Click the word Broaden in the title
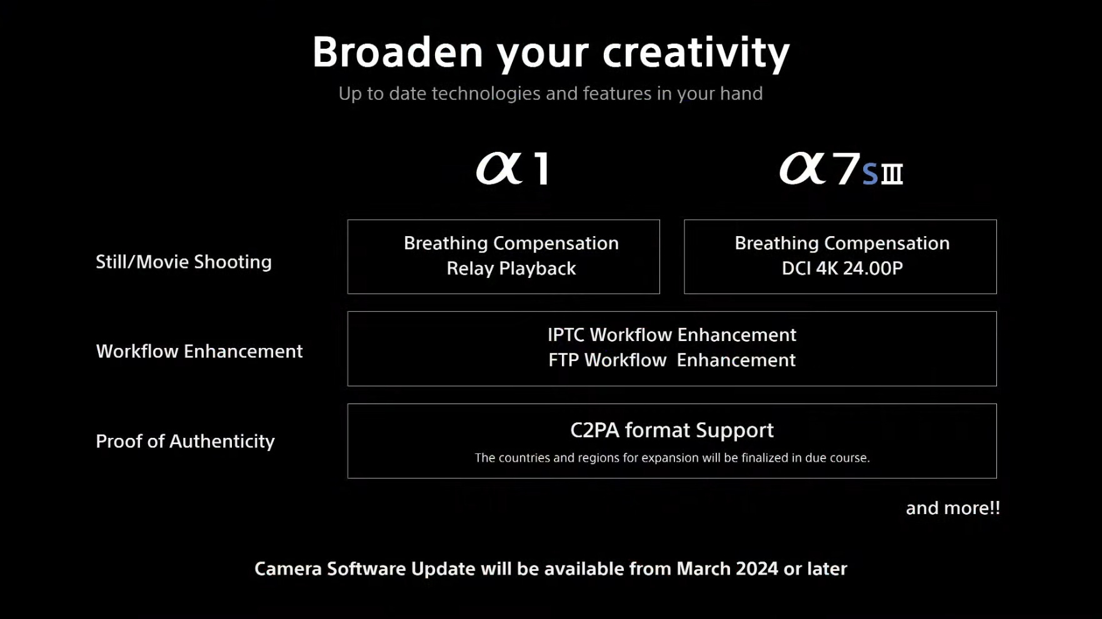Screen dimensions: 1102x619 (398, 52)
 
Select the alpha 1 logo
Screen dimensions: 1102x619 (513, 168)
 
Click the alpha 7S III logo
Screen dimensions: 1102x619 (841, 169)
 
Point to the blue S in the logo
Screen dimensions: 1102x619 (870, 174)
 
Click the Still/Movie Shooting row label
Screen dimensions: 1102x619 (184, 262)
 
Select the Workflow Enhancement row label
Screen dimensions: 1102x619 (199, 351)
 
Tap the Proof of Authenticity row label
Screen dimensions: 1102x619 (185, 441)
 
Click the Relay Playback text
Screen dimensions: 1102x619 (511, 269)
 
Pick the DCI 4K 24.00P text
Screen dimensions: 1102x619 (842, 268)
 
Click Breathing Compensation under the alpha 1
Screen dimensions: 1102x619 (511, 243)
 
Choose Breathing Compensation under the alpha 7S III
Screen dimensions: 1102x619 (842, 243)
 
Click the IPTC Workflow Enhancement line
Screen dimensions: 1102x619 (672, 335)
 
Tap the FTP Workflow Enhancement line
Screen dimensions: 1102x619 (672, 360)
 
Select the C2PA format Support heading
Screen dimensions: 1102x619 (672, 430)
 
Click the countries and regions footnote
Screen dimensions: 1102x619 (672, 458)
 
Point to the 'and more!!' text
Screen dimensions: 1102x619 (953, 508)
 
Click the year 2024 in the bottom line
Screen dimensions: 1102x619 (757, 568)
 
